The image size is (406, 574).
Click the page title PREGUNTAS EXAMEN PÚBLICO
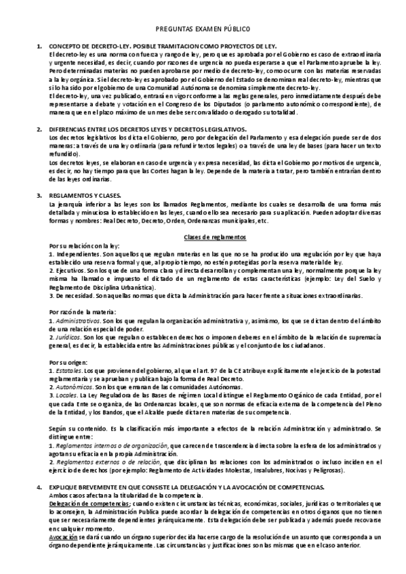coord(203,29)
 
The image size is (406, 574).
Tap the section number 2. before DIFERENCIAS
coord(39,129)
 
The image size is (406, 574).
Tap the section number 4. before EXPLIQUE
coord(39,487)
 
